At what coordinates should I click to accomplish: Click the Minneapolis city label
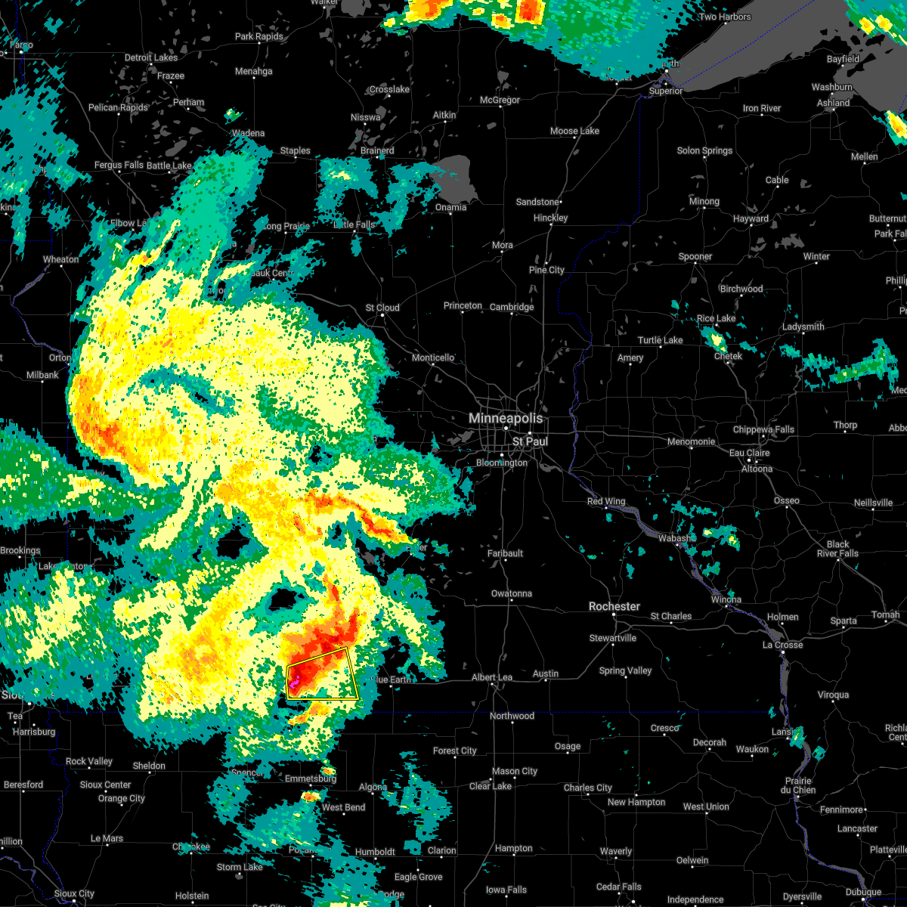pos(506,418)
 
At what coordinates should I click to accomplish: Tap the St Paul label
pos(530,441)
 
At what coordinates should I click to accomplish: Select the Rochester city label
pos(614,607)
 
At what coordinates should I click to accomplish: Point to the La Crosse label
pos(782,645)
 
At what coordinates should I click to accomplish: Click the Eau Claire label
pos(750,453)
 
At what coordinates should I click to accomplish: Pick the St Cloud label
pos(382,308)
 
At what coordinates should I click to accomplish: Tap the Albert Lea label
pos(492,678)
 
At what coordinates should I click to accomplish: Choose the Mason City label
pos(515,772)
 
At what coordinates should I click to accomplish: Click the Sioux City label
pos(75,894)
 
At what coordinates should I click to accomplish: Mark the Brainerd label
pos(377,150)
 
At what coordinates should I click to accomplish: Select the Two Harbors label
pos(726,17)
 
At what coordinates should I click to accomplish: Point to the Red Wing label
pos(606,502)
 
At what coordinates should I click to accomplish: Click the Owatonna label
pos(512,593)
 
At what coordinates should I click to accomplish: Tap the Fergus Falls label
pos(119,166)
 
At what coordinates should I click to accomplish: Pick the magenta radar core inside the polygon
pos(293,683)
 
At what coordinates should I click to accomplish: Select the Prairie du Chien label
pos(799,785)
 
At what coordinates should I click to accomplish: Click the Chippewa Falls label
pos(763,430)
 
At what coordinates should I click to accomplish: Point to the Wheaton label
pos(60,260)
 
